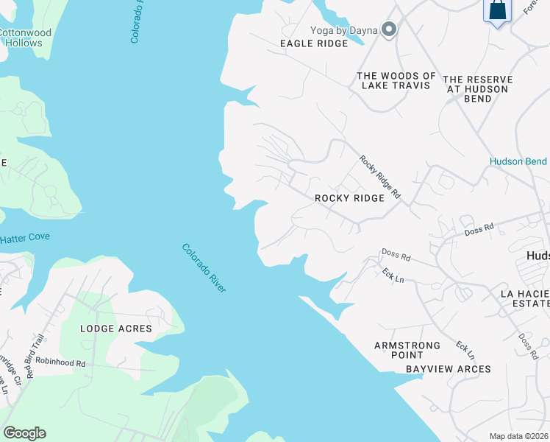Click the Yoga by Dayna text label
click(343, 30)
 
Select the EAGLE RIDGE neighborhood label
click(314, 43)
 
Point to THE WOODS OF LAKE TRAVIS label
click(396, 80)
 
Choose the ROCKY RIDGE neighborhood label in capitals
click(349, 198)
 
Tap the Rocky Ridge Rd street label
click(380, 177)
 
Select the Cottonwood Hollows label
click(24, 38)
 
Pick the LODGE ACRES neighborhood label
click(115, 329)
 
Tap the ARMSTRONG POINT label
click(407, 350)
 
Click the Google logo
click(24, 433)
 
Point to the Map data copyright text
click(518, 436)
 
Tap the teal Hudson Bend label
click(518, 161)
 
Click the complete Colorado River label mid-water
click(204, 268)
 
